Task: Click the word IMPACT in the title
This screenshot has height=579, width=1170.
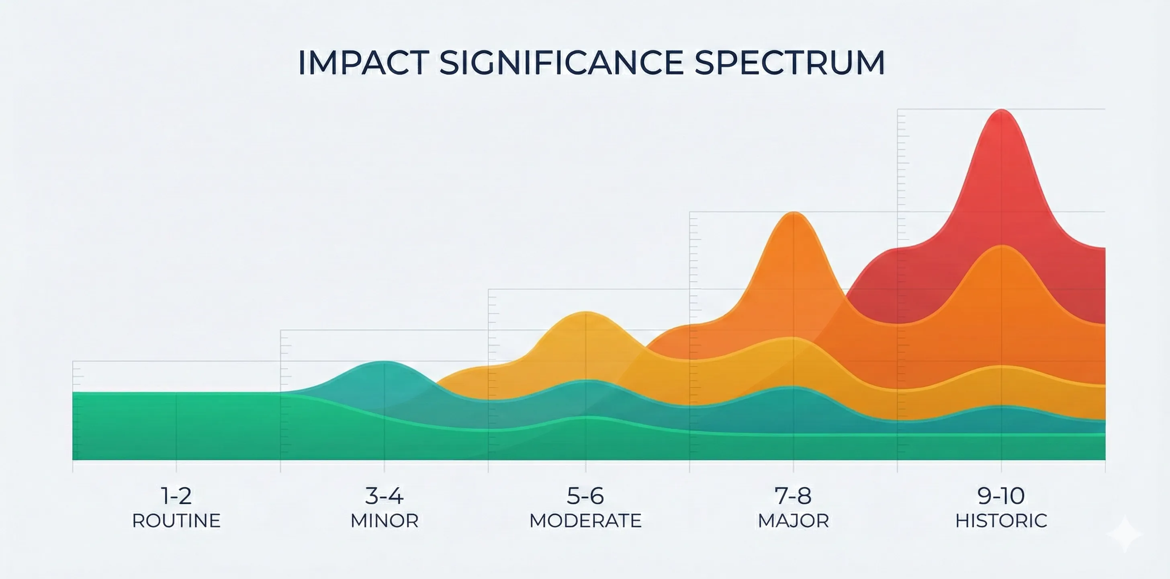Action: (363, 62)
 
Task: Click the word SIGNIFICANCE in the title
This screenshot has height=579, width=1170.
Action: (561, 62)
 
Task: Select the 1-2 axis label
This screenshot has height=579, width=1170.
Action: (176, 496)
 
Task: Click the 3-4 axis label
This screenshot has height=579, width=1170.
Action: (384, 496)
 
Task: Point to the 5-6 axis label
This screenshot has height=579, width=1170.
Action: (585, 496)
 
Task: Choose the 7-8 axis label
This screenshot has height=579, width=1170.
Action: (793, 496)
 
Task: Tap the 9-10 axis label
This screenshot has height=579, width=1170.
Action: (1001, 496)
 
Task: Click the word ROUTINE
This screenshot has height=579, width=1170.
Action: (176, 521)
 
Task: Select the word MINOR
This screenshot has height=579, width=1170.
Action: (384, 521)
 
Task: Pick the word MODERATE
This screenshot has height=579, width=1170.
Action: (585, 521)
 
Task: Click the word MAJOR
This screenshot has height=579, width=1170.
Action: (793, 521)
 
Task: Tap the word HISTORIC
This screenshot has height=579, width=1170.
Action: (1001, 521)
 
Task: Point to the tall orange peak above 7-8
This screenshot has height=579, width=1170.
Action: (794, 213)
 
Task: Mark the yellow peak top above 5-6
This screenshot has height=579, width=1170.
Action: (586, 313)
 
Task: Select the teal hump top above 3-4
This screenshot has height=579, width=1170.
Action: (384, 363)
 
